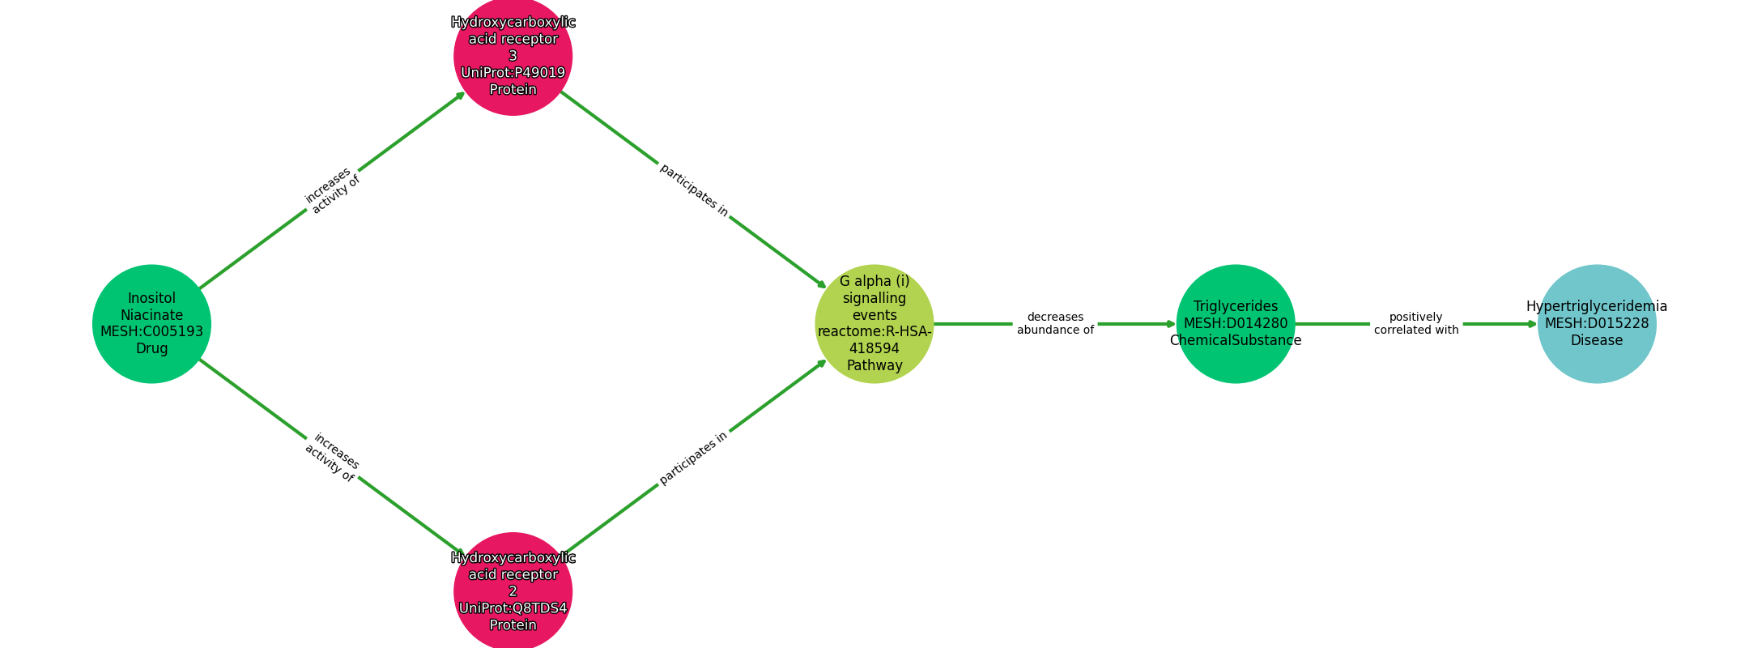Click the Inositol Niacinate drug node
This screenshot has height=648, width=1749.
coord(151,323)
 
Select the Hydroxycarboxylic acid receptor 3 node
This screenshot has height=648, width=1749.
coord(513,56)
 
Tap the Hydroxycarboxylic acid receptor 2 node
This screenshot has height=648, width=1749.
coord(513,591)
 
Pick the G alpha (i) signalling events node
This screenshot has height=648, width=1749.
coord(874,323)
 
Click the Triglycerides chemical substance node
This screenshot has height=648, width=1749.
coord(1235,323)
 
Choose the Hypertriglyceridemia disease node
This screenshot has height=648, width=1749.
coord(1596,323)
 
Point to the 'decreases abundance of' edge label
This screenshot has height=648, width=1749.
coord(1055,323)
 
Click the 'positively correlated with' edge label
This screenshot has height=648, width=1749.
coord(1415,323)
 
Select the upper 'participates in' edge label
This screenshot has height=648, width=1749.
coord(694,190)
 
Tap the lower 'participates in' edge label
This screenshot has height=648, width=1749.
coord(694,458)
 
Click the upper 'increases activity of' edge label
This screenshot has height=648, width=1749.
coord(331,190)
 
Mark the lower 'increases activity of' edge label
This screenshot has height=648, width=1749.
coord(331,458)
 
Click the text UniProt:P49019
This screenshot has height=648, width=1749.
coord(513,73)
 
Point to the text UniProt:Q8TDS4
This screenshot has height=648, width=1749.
coord(513,608)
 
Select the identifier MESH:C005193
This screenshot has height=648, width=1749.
coord(151,331)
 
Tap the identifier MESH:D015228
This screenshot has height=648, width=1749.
coord(1596,323)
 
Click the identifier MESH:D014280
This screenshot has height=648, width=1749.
coord(1235,323)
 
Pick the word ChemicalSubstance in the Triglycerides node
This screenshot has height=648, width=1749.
coord(1235,340)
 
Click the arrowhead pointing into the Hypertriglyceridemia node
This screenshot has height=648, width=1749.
coord(1531,323)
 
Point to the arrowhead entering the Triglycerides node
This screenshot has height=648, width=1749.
coord(1170,323)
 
